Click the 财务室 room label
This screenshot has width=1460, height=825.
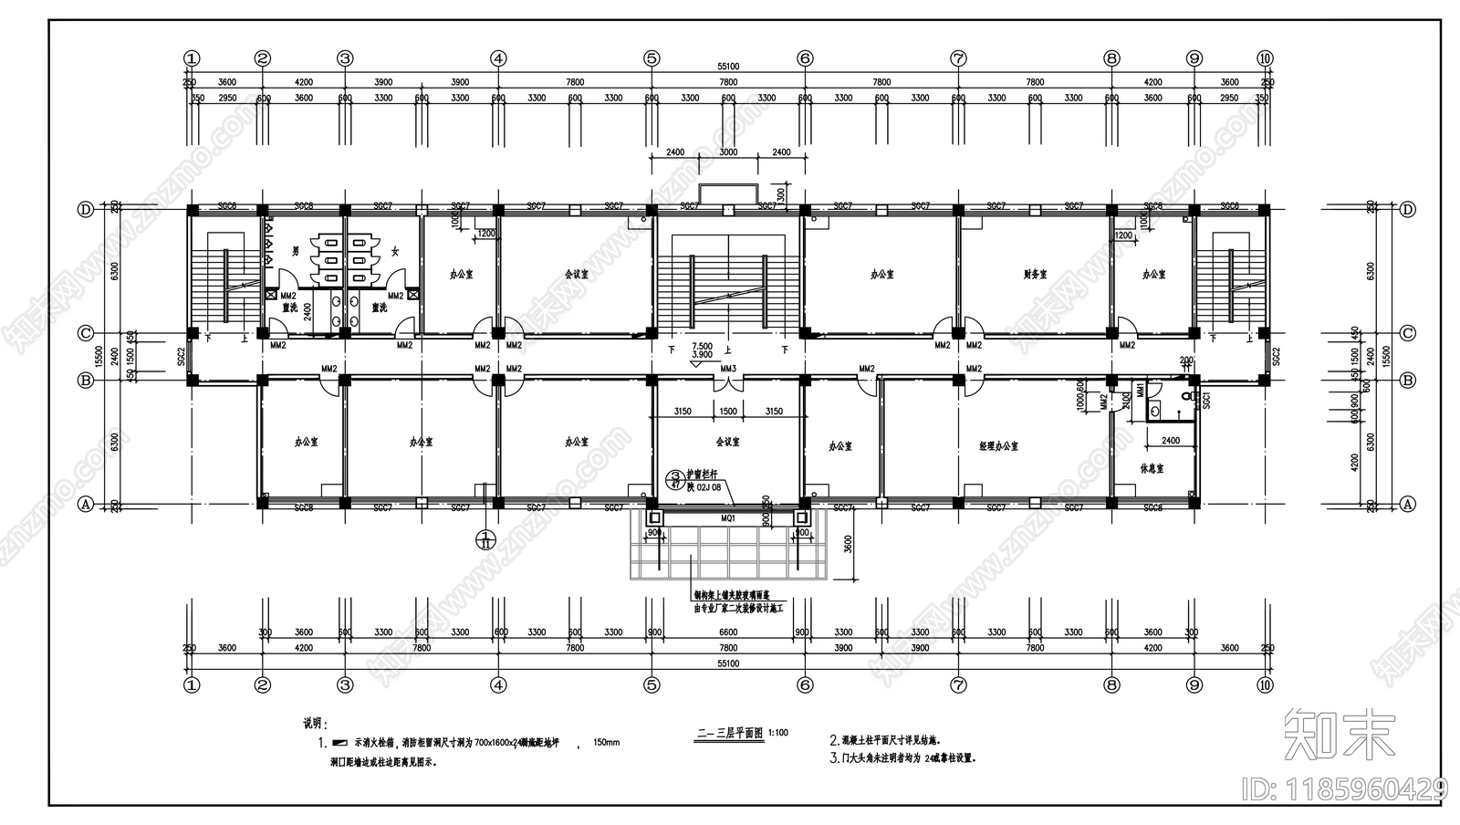(1034, 274)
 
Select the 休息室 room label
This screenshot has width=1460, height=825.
(1153, 468)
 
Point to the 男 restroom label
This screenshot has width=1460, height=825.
(295, 250)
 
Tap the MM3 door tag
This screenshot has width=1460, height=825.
(728, 369)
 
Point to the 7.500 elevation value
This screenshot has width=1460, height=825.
(702, 346)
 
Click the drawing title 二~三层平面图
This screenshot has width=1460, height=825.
(729, 732)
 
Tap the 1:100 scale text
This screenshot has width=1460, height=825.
(778, 732)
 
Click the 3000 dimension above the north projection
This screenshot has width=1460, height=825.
(728, 152)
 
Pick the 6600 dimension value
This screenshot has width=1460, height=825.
(728, 632)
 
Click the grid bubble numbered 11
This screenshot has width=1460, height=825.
(486, 539)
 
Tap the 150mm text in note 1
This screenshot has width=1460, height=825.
(606, 743)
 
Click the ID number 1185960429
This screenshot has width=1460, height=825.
(1345, 787)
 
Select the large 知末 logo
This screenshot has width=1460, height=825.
(1339, 734)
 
